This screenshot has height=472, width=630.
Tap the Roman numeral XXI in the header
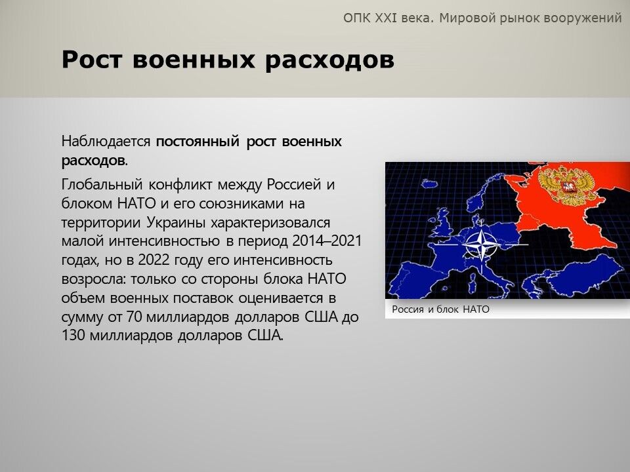[x=385, y=18]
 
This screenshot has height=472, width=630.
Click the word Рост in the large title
[x=92, y=60]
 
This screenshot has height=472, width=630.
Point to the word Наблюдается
[x=106, y=142]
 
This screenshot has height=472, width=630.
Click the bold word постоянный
[x=198, y=142]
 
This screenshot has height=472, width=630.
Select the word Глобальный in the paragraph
[x=102, y=184]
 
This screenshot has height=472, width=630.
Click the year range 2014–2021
[x=327, y=241]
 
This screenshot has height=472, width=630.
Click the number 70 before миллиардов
[x=134, y=317]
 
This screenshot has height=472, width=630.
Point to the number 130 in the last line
[x=73, y=336]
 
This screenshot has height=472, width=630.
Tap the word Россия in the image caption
[x=408, y=309]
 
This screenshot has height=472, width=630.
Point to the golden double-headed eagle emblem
[x=566, y=186]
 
